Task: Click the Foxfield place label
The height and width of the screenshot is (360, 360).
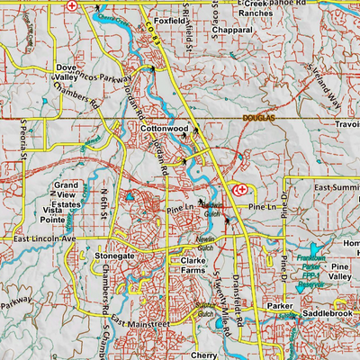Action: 171,19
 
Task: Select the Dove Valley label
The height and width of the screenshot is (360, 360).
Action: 67,73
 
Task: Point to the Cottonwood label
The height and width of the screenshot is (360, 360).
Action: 163,130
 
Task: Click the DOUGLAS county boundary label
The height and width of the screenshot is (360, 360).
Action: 261,118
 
